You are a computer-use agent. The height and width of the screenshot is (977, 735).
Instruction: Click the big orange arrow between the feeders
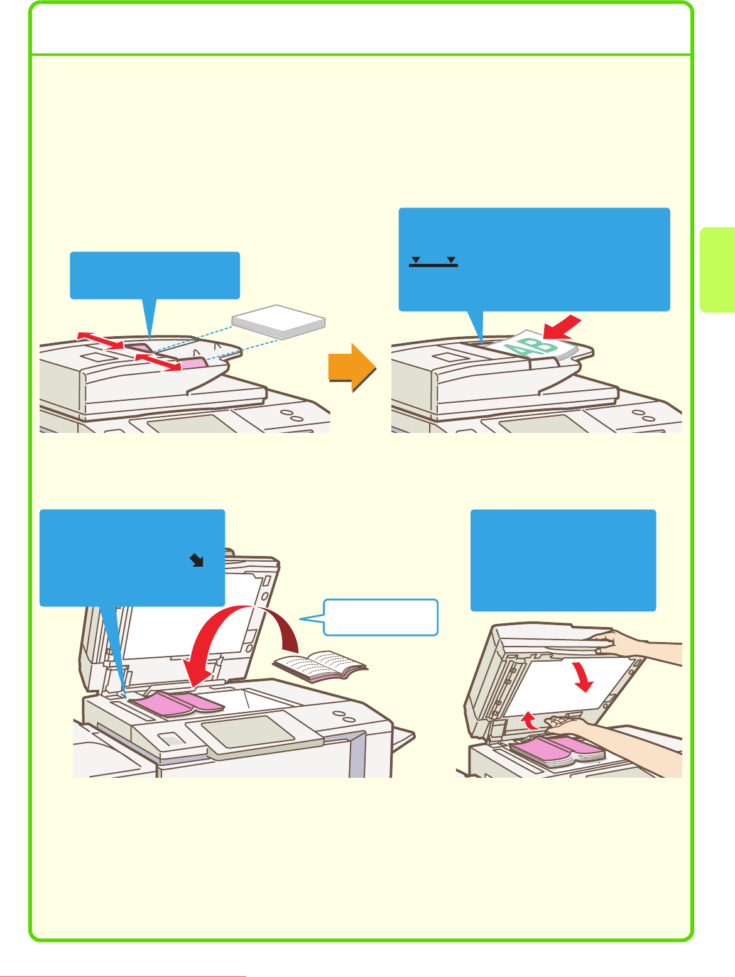(x=352, y=368)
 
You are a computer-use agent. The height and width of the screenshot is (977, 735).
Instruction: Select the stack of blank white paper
(x=278, y=322)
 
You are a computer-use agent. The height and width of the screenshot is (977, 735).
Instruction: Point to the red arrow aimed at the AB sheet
(x=562, y=327)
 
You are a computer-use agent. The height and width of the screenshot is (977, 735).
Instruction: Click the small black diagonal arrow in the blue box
(x=196, y=560)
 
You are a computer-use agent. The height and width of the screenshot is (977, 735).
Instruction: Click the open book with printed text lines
(x=320, y=666)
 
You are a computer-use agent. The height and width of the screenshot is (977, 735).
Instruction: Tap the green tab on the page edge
(x=717, y=270)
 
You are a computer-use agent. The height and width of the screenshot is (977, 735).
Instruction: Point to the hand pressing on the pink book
(x=570, y=726)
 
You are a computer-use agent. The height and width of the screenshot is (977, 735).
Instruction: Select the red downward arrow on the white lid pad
(x=582, y=677)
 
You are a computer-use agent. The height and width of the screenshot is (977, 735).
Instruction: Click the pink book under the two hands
(x=557, y=752)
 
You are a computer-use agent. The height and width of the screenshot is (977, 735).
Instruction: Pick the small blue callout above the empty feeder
(x=155, y=276)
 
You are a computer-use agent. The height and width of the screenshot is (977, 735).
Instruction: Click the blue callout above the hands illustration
(x=563, y=560)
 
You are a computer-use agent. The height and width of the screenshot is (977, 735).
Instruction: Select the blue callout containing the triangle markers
(x=535, y=259)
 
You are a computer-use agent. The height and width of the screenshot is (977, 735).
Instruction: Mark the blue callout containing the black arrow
(x=132, y=558)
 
